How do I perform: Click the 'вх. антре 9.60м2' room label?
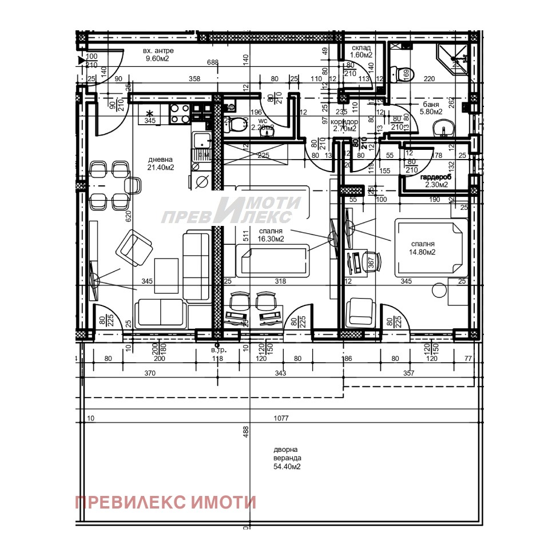pyautogui.click(x=158, y=54)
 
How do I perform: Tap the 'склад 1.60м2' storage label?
pyautogui.click(x=362, y=51)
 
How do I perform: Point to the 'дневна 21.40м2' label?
pyautogui.click(x=161, y=164)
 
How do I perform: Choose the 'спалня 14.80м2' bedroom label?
pyautogui.click(x=422, y=247)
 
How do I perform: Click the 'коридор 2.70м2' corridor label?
pyautogui.click(x=345, y=126)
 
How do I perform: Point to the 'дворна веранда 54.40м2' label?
pyautogui.click(x=287, y=458)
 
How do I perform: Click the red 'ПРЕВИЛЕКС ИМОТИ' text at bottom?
pyautogui.click(x=166, y=502)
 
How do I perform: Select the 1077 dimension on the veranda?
pyautogui.click(x=281, y=419)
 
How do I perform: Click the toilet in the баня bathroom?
pyautogui.click(x=394, y=73)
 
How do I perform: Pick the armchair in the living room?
pyautogui.click(x=135, y=248)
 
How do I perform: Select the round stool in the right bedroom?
pyautogui.click(x=439, y=291)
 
